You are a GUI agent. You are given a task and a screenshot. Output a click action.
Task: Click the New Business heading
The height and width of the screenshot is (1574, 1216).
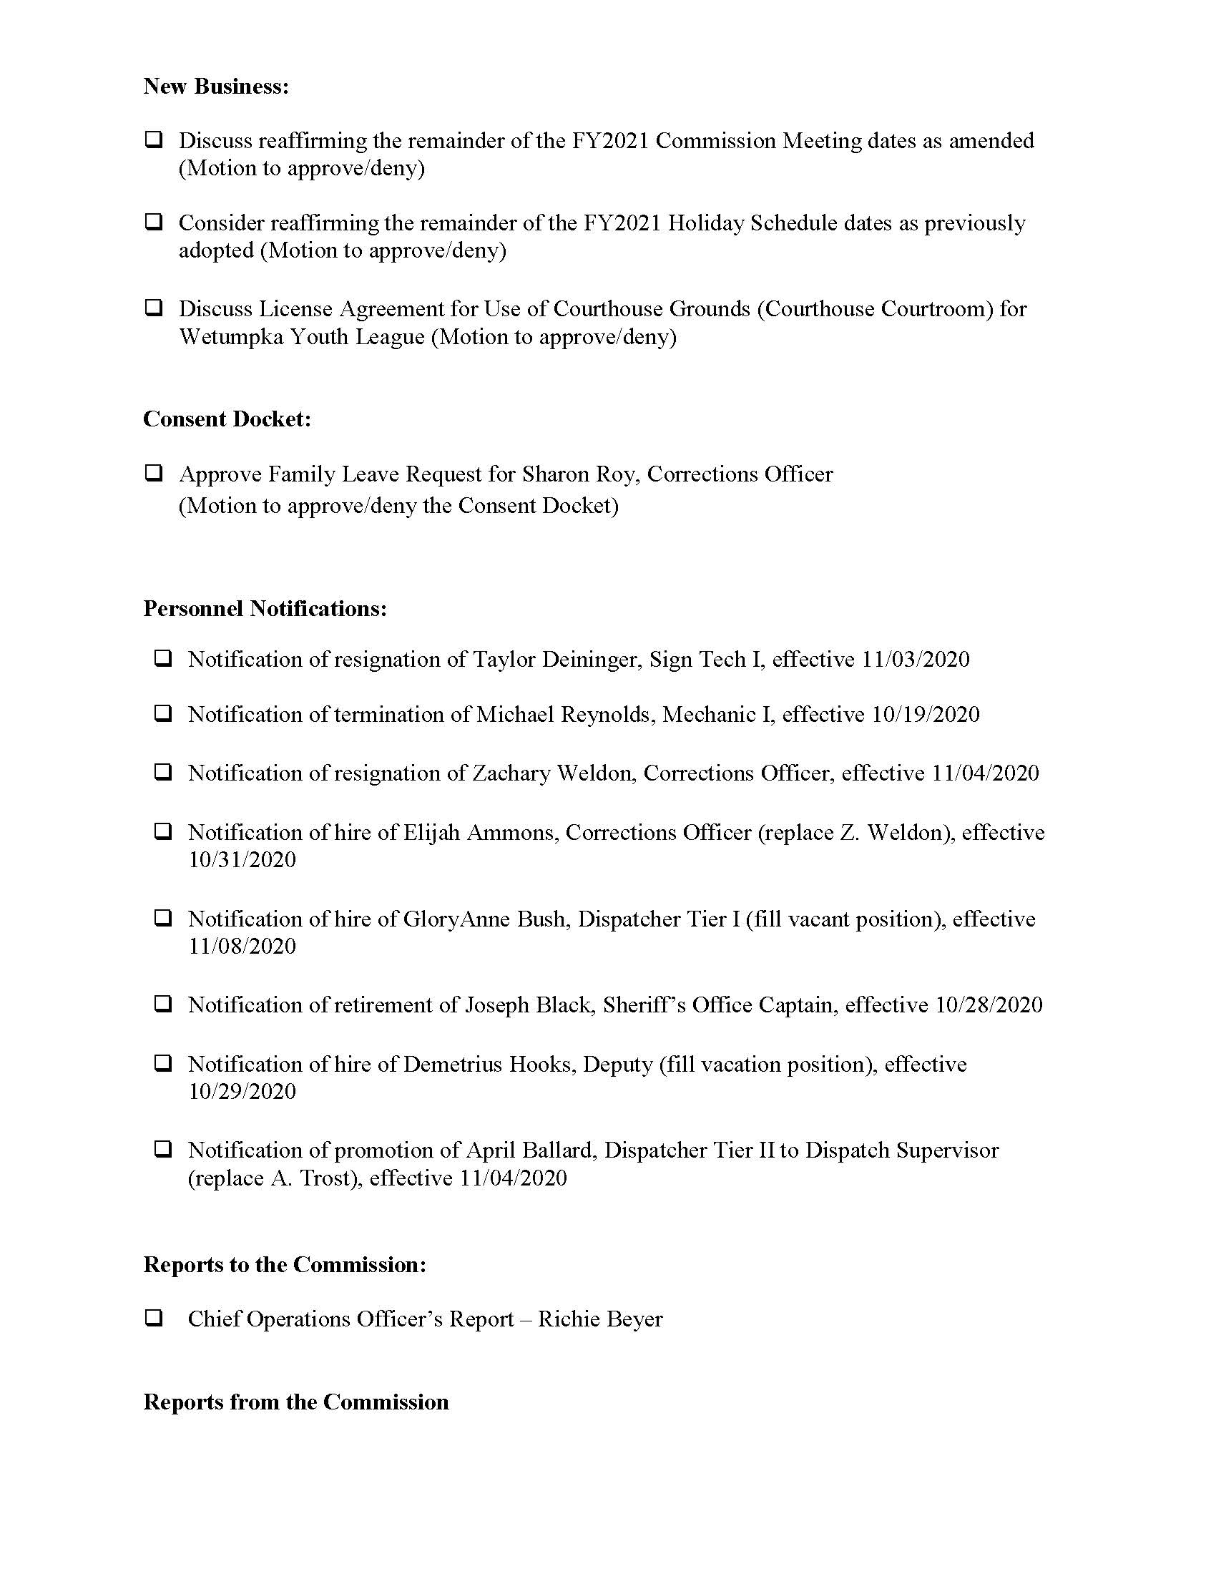pos(216,87)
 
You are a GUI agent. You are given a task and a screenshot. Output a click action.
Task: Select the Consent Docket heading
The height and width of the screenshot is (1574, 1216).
pos(227,419)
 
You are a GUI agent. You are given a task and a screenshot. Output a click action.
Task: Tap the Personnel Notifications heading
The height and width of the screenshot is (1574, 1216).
pos(265,609)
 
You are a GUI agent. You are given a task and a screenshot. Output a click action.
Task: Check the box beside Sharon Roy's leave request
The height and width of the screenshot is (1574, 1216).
pos(153,474)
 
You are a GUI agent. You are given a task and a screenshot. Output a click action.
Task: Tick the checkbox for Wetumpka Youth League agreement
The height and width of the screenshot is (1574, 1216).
pos(153,308)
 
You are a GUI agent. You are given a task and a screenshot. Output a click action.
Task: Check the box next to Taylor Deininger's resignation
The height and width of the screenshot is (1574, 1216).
pos(163,658)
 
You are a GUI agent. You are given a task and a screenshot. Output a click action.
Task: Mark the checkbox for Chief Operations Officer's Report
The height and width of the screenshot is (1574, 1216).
pos(153,1318)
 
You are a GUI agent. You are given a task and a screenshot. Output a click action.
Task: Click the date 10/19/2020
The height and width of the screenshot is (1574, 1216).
pos(926,715)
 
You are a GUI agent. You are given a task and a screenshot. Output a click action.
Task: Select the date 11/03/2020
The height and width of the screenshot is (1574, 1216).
pos(916,660)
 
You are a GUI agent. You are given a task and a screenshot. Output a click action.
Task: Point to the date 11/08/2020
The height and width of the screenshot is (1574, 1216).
pos(242,947)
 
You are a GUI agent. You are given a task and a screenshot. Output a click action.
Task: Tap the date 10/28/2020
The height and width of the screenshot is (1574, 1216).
pos(989,1005)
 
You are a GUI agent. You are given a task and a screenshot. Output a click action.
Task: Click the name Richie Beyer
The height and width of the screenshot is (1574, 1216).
pos(600,1319)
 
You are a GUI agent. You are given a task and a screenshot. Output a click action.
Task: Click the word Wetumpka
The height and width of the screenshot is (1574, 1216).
pos(230,337)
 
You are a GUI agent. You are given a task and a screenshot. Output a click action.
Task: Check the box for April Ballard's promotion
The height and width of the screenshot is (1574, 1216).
pos(163,1149)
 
